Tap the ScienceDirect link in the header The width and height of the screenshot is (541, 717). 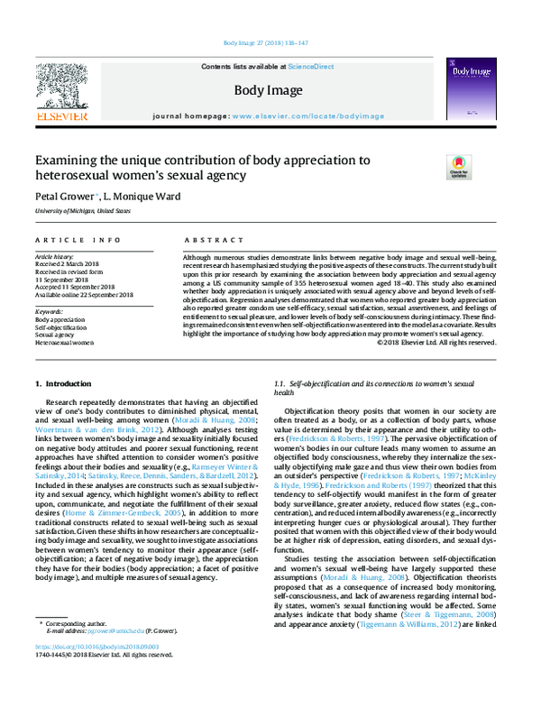[x=311, y=67]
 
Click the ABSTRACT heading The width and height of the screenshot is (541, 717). [x=208, y=240]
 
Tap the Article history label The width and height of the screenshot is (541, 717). [x=56, y=255]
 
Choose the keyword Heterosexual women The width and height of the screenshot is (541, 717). [x=65, y=344]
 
